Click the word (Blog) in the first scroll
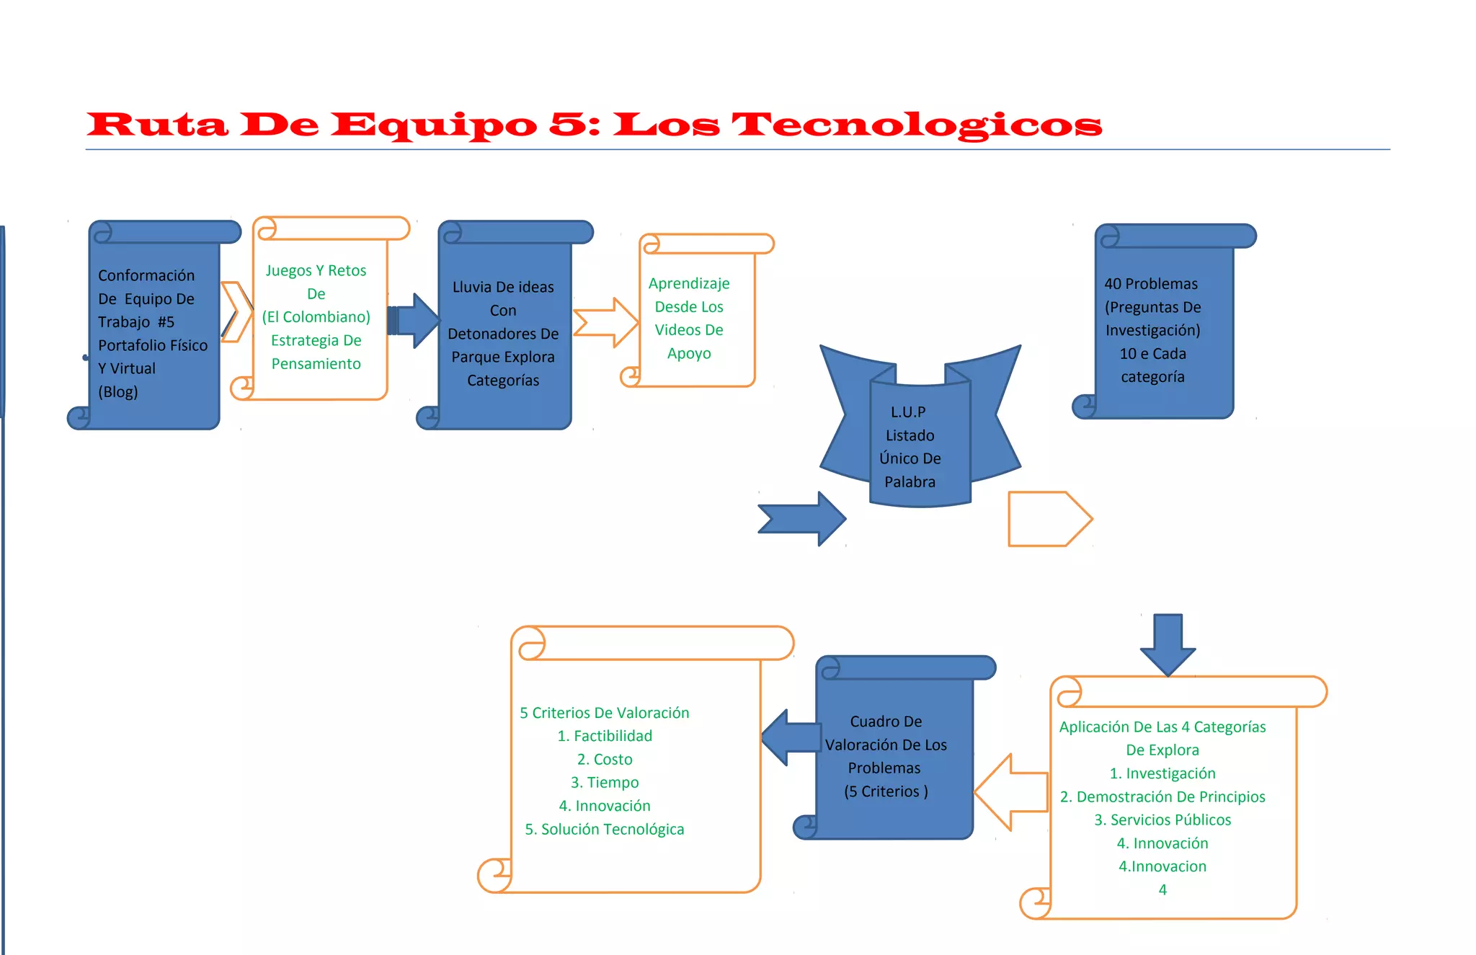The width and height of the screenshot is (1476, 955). (x=118, y=392)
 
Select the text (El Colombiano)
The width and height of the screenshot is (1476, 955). (x=316, y=317)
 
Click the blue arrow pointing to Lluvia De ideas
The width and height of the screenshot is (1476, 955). (x=414, y=320)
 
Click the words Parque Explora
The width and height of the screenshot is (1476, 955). (x=503, y=357)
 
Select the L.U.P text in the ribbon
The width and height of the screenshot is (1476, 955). (x=908, y=412)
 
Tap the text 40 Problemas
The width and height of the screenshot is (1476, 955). (x=1151, y=284)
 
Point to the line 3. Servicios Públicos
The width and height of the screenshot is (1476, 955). (x=1162, y=820)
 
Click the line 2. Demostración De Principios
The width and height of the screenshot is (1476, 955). (x=1162, y=797)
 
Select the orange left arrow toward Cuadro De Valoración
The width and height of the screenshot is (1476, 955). (x=1010, y=791)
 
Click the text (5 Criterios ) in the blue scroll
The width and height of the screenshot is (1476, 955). (x=886, y=791)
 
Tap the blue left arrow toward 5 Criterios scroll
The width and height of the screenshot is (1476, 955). (x=790, y=737)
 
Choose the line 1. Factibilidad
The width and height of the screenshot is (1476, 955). (x=605, y=736)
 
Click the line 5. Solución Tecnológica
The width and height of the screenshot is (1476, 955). (x=605, y=830)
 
